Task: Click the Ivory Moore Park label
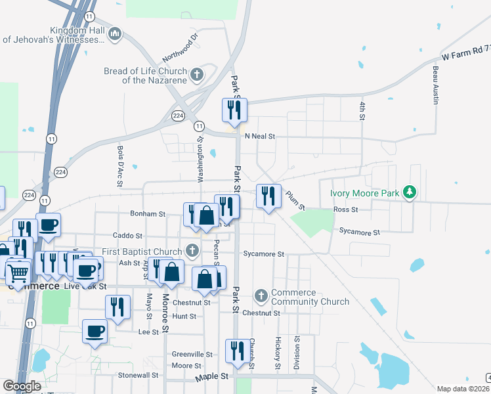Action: click(364, 193)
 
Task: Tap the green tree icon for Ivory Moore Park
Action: click(410, 192)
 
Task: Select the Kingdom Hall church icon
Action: click(115, 33)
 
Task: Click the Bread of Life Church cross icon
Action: click(196, 75)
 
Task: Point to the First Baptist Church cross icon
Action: click(192, 251)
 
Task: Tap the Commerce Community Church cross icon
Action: click(261, 296)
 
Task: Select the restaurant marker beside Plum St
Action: click(268, 196)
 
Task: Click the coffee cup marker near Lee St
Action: click(95, 331)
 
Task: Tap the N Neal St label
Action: click(259, 137)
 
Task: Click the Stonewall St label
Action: click(139, 376)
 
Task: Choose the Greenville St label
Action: click(192, 353)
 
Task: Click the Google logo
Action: click(22, 386)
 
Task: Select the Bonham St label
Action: click(147, 214)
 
